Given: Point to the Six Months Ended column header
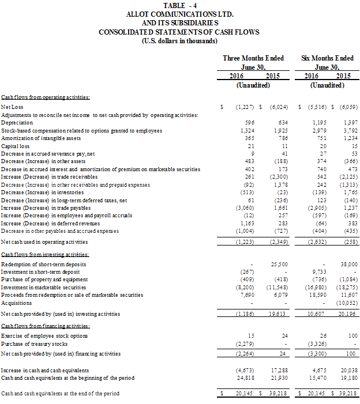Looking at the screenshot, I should (x=327, y=58).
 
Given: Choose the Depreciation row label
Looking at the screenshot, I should (x=17, y=123).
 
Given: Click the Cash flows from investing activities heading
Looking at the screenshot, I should (x=45, y=254).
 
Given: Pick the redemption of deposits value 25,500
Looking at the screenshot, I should (x=276, y=263).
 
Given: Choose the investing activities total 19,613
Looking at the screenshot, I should (x=275, y=314).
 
